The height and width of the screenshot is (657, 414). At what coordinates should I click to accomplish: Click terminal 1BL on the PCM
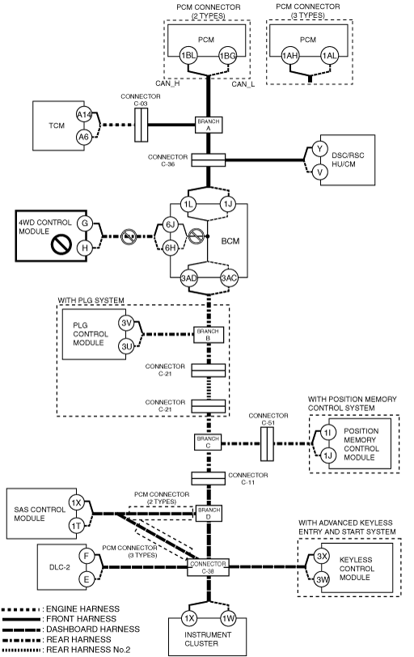(188, 56)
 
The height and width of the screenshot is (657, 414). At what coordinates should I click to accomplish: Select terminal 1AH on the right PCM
(289, 56)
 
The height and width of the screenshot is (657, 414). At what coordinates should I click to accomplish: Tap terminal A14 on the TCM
(84, 115)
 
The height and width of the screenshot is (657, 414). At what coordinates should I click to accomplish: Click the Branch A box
(209, 125)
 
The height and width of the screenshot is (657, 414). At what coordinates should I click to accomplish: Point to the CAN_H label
(167, 83)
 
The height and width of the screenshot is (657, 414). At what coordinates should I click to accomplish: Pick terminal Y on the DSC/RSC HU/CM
(320, 149)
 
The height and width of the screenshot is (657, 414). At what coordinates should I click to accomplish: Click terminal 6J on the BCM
(170, 225)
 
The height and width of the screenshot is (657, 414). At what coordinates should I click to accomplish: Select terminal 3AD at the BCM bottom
(188, 278)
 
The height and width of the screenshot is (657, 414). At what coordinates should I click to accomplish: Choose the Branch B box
(209, 335)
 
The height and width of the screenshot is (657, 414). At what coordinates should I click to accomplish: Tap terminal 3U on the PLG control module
(126, 346)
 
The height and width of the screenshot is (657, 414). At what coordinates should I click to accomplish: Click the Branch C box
(208, 443)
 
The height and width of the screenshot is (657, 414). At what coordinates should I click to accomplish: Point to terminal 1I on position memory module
(327, 433)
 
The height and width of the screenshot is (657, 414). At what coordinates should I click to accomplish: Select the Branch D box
(209, 513)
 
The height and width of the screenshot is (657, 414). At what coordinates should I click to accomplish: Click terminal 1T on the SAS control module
(76, 526)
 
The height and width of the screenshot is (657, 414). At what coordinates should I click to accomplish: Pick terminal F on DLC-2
(87, 556)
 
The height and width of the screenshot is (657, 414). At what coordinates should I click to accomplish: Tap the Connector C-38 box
(208, 567)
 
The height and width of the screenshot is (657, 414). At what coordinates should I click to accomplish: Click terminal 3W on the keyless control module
(322, 580)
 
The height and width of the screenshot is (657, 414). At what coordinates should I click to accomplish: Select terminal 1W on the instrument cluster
(229, 618)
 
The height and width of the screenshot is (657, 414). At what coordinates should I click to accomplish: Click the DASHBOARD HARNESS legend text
(93, 629)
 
